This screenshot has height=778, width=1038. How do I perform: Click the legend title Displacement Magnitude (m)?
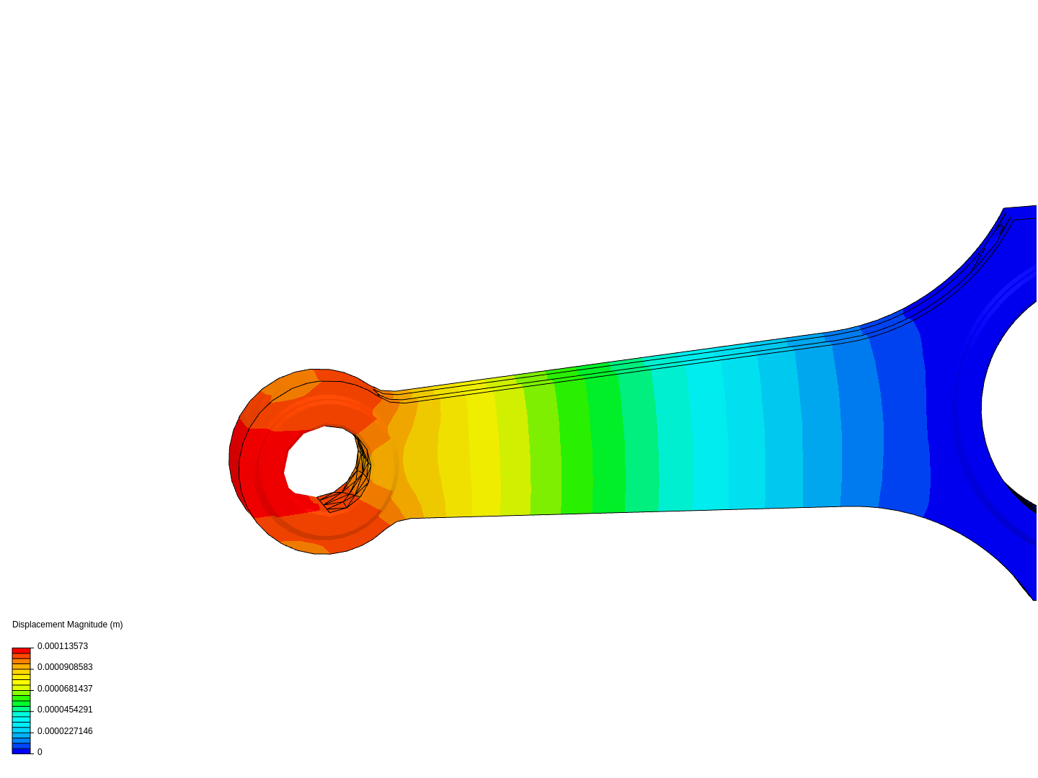[x=67, y=625]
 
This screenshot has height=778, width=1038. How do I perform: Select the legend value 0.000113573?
[x=63, y=646]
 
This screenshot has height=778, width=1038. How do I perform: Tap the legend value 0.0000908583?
[x=65, y=667]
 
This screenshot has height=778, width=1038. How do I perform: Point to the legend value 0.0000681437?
[x=65, y=689]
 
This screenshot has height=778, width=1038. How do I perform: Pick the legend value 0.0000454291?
[x=65, y=710]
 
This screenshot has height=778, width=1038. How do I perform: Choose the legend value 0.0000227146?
[x=65, y=731]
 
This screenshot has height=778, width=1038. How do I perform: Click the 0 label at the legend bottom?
[x=40, y=752]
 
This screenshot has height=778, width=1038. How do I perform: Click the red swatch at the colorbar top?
[x=21, y=650]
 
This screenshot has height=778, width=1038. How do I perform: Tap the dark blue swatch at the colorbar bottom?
[x=21, y=751]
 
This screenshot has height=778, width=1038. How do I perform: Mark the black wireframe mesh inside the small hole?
[x=353, y=483]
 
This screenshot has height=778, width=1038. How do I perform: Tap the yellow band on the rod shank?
[x=483, y=454]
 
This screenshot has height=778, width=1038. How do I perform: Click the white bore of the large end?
[x=1013, y=403]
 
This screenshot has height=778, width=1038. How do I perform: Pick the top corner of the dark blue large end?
[x=1006, y=210]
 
